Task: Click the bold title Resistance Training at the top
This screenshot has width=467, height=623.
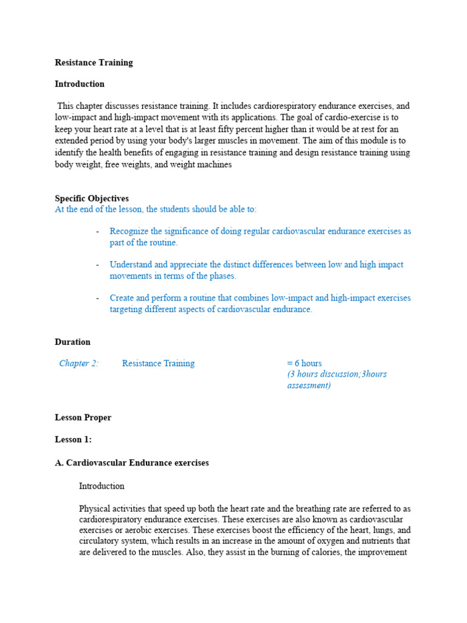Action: [x=94, y=62]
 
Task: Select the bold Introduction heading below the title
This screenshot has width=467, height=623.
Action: [x=80, y=84]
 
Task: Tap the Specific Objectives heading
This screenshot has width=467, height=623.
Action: [x=92, y=198]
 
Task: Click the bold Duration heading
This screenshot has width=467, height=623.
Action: [x=72, y=342]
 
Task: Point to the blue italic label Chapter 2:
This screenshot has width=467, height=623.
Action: [x=78, y=363]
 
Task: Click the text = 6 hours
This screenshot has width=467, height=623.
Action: [x=305, y=363]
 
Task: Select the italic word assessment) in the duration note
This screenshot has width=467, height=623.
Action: [x=309, y=385]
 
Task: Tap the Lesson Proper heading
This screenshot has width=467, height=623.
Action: [x=83, y=417]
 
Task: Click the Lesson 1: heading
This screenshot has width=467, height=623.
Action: [x=73, y=439]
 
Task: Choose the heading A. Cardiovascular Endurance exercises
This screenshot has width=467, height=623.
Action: [x=131, y=462]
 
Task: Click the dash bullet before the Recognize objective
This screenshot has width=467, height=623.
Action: [x=97, y=231]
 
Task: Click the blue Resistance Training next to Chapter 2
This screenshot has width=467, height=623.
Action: [x=158, y=363]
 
